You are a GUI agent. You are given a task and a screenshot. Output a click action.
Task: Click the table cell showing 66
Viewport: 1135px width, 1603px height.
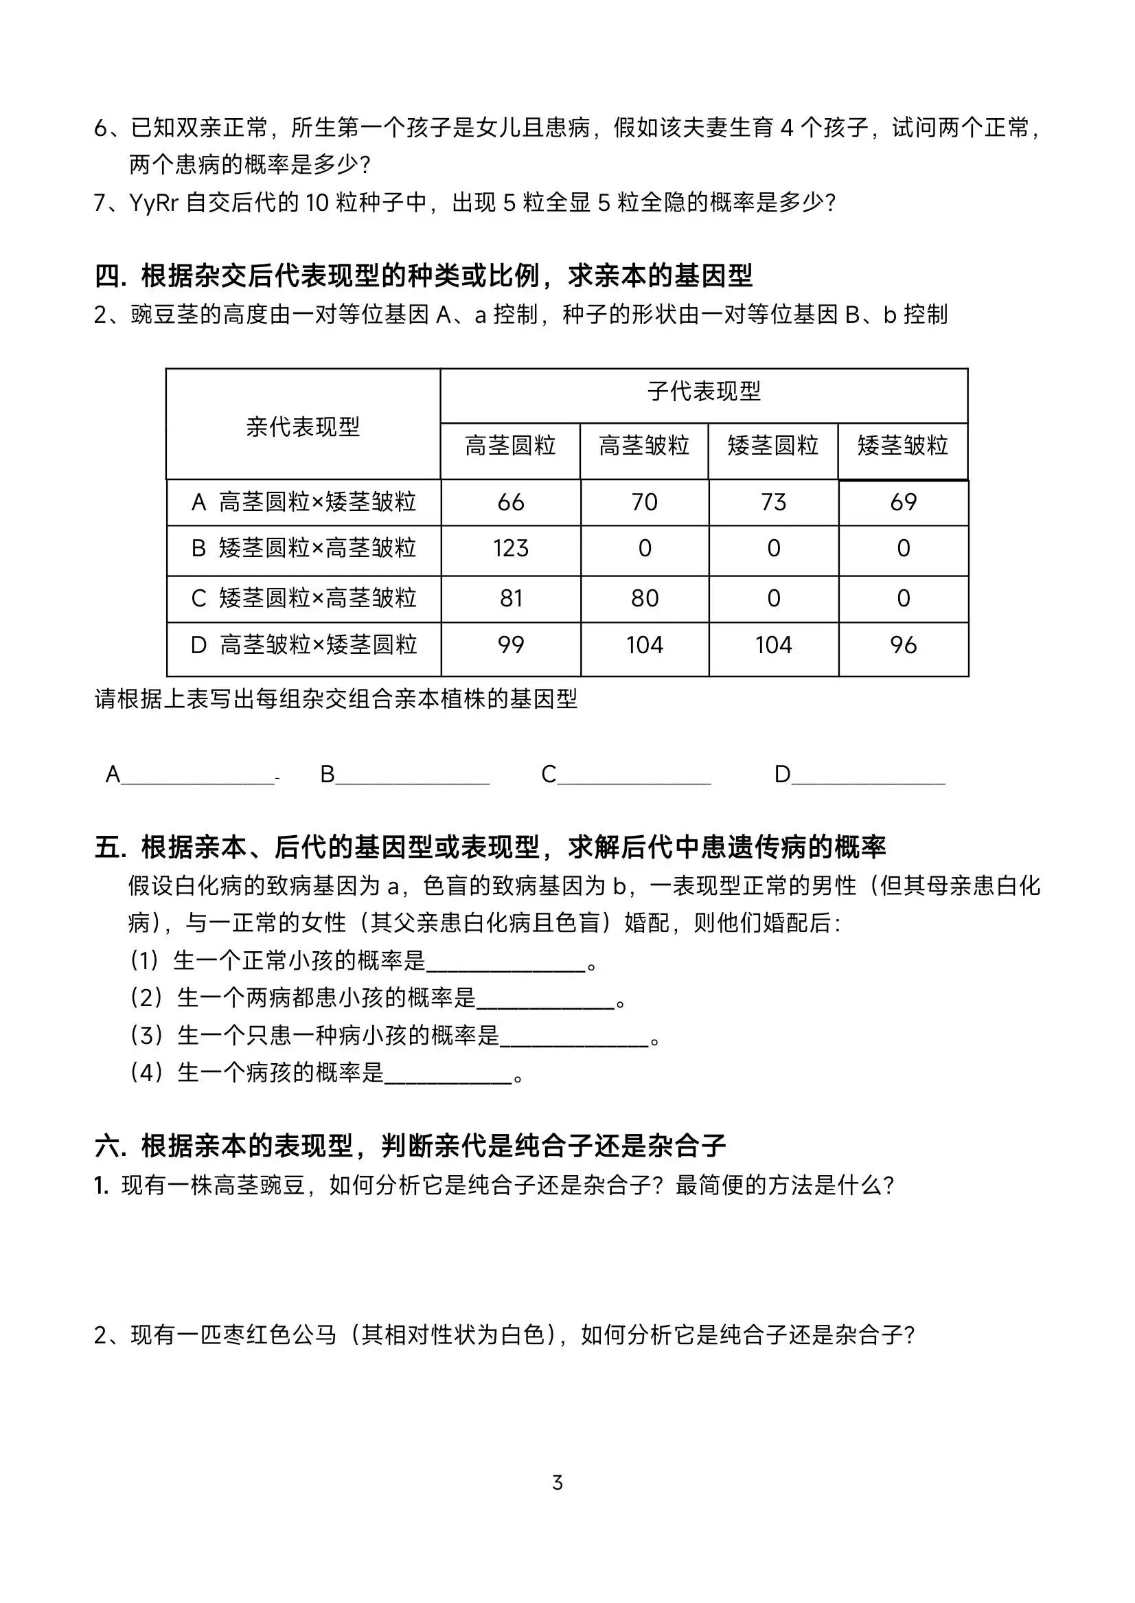coord(511,502)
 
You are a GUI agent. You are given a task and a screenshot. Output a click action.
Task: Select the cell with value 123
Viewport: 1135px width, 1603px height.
coord(511,549)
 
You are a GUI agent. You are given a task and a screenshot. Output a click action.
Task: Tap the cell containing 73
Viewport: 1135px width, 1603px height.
coord(774,502)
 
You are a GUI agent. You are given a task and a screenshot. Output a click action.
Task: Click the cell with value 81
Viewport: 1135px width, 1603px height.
coord(511,599)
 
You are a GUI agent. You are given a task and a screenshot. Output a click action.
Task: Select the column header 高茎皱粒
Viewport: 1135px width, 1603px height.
coord(643,446)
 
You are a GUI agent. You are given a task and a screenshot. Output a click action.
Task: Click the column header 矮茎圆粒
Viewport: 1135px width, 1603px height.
coord(773,446)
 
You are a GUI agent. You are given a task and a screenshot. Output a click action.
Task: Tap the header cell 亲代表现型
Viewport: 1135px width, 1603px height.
coord(303,427)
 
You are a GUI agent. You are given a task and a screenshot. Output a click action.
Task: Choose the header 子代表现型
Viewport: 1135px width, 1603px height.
coord(704,391)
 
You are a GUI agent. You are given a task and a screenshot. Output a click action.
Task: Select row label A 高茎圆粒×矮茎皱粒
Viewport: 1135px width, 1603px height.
coord(304,502)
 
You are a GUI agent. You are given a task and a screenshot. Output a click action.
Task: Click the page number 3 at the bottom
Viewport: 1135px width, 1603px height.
coord(558,1483)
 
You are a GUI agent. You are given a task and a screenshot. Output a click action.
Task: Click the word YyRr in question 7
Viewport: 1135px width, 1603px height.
coord(154,203)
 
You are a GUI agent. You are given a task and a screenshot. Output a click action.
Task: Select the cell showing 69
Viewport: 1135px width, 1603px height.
coord(903,502)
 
